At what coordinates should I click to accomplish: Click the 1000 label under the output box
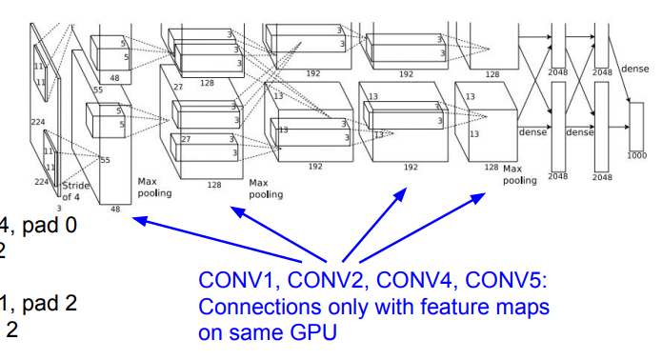(635, 154)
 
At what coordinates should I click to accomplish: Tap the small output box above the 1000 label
(636, 124)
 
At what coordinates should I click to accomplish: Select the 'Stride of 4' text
(77, 190)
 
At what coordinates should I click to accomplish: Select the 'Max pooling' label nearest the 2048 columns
(519, 173)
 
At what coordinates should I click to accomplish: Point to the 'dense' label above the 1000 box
(634, 69)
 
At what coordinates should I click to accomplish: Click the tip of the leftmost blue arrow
(132, 218)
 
